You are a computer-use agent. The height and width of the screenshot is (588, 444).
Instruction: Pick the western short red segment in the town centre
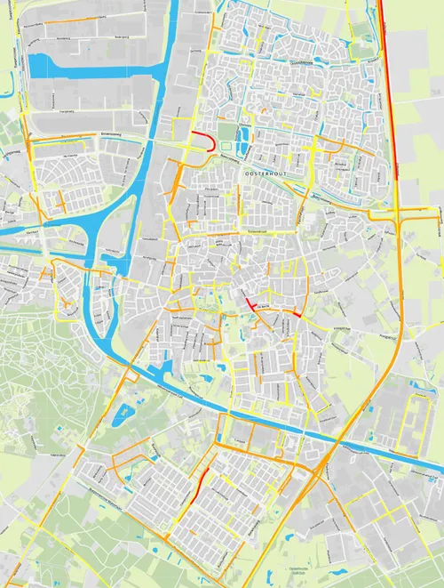coord(251,303)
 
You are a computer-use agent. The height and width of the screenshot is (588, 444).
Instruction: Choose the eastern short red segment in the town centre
coord(294,314)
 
